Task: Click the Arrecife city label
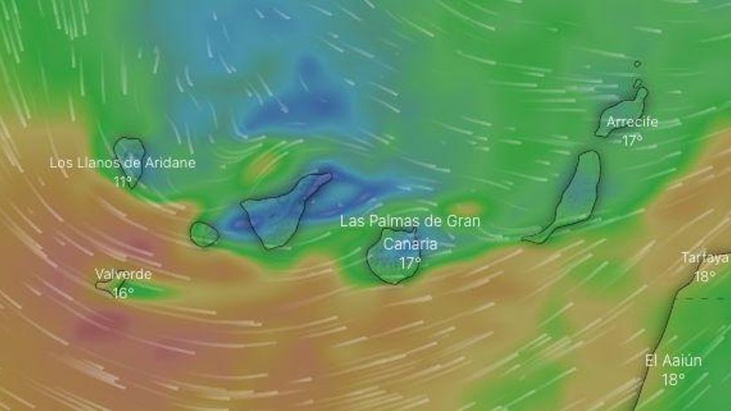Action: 631,123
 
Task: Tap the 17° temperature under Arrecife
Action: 631,140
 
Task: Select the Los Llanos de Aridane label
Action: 122,163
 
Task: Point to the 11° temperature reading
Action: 123,181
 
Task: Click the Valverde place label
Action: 123,274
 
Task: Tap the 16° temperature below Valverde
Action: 123,292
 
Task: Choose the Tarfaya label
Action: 704,257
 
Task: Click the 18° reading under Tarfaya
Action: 704,276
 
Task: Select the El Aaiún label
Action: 674,360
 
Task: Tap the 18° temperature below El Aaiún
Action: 674,379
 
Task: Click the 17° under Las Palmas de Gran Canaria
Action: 410,263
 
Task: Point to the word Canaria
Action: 410,244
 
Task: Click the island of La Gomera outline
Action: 204,234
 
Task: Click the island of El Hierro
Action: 110,286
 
